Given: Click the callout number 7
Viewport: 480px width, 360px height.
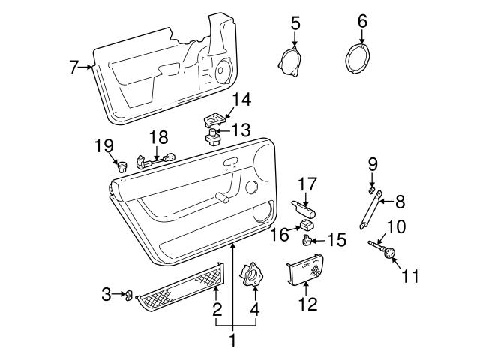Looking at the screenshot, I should [73, 67].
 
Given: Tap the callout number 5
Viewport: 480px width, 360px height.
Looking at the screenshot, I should [295, 22].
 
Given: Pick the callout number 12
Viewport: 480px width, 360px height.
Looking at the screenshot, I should [307, 304].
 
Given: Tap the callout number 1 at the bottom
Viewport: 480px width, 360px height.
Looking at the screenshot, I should [232, 340].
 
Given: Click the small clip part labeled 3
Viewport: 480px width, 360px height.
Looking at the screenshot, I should [128, 295].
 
